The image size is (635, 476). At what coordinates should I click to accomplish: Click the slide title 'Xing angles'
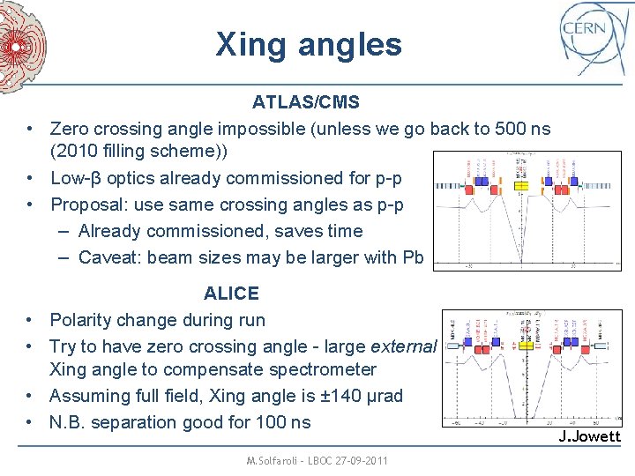tap(308, 44)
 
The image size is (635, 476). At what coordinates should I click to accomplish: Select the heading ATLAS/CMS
tap(305, 102)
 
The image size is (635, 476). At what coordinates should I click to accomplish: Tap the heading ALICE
tap(231, 293)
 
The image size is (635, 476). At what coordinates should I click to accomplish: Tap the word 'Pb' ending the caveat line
tap(414, 257)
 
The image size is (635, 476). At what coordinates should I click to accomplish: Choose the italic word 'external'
tap(403, 346)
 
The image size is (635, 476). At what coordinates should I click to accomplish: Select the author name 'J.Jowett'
tap(590, 436)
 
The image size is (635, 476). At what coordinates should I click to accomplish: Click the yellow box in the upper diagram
tap(522, 187)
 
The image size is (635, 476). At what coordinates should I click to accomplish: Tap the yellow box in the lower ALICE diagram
tap(527, 349)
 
